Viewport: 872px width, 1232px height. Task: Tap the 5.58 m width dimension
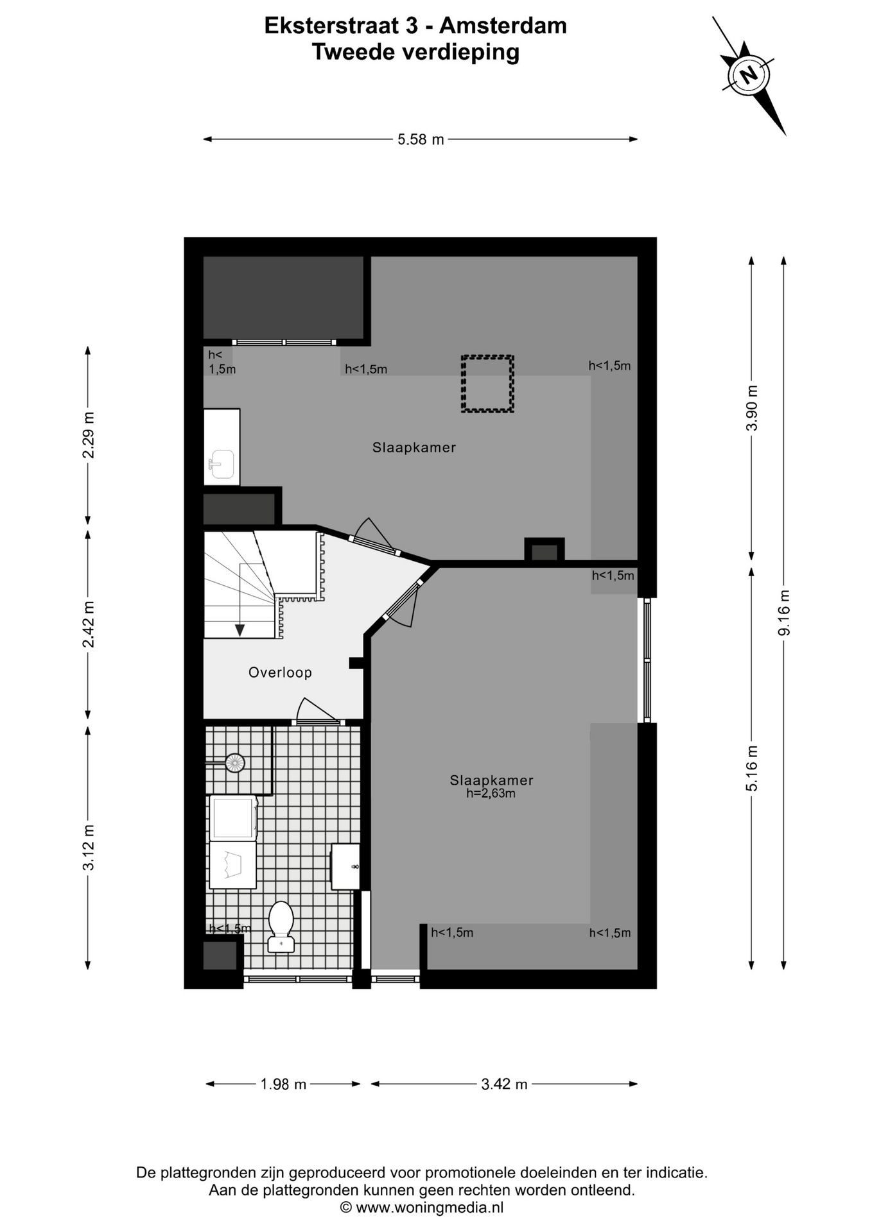tap(421, 139)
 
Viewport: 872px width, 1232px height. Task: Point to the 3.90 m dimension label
tap(752, 408)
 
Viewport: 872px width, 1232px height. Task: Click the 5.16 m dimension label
tap(752, 767)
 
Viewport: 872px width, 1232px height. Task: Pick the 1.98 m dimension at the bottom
tap(283, 1084)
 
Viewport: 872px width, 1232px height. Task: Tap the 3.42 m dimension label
tap(504, 1084)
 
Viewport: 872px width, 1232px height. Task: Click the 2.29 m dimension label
tap(89, 434)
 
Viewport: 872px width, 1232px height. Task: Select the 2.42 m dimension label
tap(89, 624)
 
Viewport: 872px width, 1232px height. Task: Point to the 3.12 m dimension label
tap(89, 847)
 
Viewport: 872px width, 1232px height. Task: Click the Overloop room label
tap(280, 672)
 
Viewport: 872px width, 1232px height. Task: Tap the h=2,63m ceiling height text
tap(491, 794)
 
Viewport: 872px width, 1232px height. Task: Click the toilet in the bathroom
tap(281, 926)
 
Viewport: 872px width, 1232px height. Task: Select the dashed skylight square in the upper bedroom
tap(487, 384)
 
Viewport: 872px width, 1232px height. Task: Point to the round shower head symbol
tap(234, 762)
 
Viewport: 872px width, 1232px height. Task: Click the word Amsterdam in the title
tap(503, 26)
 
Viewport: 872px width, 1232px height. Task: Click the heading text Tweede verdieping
tap(415, 52)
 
